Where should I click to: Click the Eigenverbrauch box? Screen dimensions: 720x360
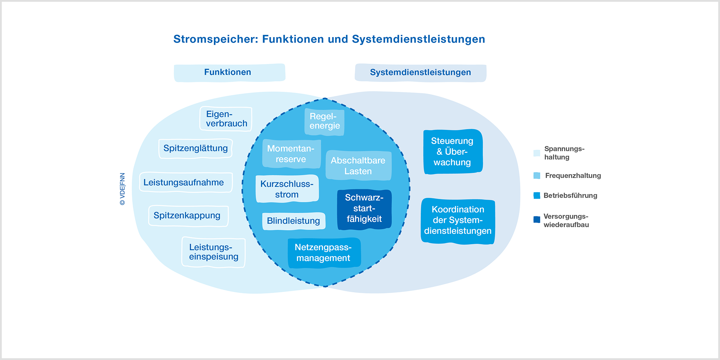point(226,119)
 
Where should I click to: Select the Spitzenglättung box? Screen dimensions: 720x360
point(195,148)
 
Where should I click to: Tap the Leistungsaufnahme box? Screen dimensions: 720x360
point(186,182)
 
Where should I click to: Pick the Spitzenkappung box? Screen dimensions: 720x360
point(188,216)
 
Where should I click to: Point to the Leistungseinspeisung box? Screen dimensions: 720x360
point(213,252)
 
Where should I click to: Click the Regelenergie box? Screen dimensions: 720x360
point(324,122)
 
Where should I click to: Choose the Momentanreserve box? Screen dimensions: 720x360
point(291,154)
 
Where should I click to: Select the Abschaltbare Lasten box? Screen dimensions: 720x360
point(358,166)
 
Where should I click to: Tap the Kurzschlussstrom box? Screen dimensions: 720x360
point(287,189)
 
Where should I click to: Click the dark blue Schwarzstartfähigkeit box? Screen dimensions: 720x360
point(364,210)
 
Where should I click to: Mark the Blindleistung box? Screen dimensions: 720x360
point(293,221)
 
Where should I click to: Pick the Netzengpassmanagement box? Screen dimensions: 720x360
point(324,253)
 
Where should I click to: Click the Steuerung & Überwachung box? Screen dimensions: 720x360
point(453,152)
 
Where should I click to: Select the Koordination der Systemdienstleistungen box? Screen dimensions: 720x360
point(458,221)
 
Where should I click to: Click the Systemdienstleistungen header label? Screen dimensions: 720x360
point(420,73)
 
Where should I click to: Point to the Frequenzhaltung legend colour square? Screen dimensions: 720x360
point(537,176)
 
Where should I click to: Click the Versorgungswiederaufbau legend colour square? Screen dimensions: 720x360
point(537,220)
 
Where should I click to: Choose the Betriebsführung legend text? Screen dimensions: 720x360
point(570,195)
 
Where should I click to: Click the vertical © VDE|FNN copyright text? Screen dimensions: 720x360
point(122,189)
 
